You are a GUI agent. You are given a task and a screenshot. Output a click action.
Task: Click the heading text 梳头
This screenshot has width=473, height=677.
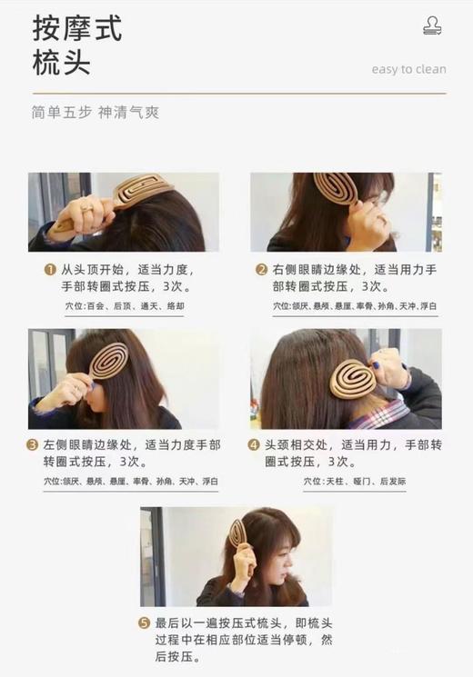(x=61, y=66)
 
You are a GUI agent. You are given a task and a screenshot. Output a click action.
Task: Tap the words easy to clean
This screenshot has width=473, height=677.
(x=408, y=69)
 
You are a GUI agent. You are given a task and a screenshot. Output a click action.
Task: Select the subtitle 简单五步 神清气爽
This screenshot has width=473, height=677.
(x=95, y=114)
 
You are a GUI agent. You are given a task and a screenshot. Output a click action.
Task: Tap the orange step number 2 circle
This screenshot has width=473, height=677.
(x=260, y=270)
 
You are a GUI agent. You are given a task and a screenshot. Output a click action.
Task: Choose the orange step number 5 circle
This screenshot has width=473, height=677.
(x=144, y=622)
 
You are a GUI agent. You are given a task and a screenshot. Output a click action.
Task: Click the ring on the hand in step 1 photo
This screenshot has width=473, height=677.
(x=87, y=208)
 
